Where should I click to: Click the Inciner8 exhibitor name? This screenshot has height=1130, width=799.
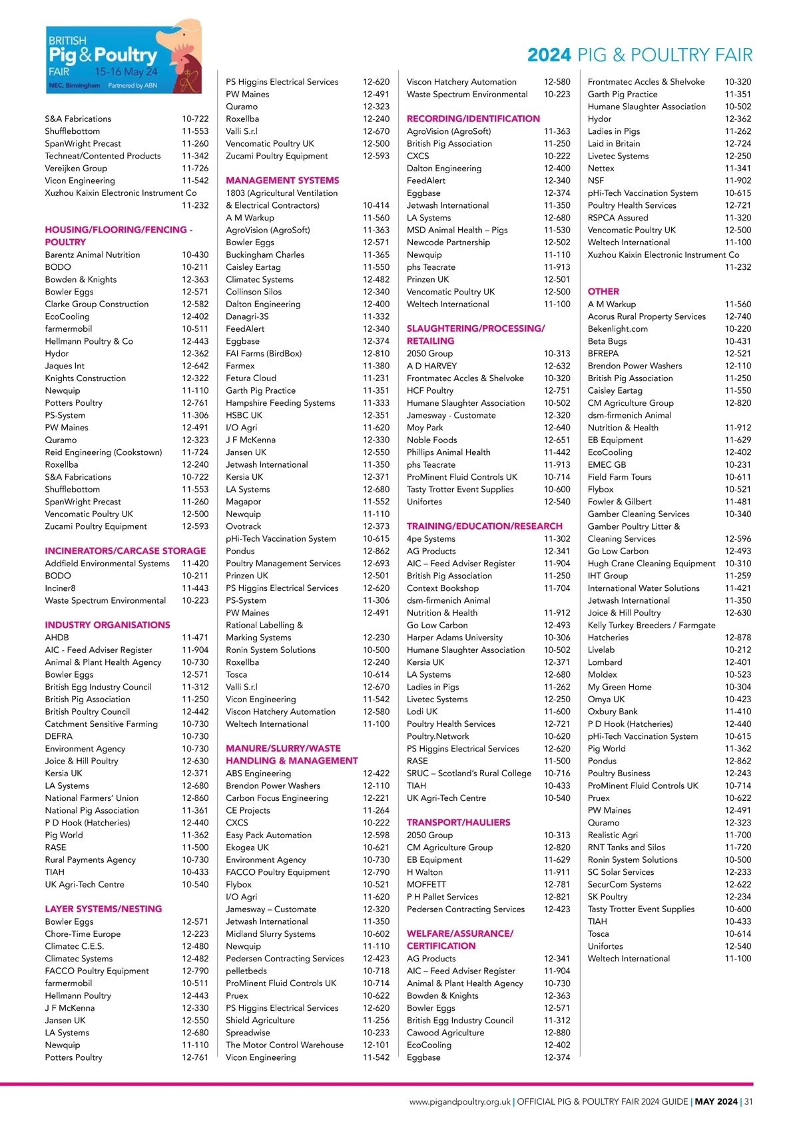point(61,588)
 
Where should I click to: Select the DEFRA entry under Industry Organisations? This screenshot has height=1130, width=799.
point(59,736)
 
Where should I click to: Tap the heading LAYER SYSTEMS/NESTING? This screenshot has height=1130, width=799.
point(103,909)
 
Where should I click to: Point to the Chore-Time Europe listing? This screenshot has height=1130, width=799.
point(83,934)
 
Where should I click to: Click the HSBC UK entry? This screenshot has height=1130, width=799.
point(244,415)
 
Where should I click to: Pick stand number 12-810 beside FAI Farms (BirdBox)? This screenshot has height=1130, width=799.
point(376,354)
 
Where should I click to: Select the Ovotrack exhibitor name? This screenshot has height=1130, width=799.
point(244,526)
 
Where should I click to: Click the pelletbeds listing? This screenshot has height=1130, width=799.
point(246,971)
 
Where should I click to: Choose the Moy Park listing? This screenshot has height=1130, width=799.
point(425,428)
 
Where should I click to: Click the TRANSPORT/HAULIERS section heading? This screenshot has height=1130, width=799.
point(458,822)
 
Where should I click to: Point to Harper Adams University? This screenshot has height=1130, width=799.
point(455,638)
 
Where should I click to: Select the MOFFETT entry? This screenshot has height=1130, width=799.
point(426,884)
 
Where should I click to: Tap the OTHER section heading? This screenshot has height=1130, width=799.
point(603,291)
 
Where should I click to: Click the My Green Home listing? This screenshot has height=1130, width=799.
point(619,687)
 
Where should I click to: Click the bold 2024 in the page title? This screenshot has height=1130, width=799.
point(549,55)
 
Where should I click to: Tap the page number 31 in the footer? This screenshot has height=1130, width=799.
point(748,1101)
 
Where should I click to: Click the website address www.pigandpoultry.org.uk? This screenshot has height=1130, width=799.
point(460,1101)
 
